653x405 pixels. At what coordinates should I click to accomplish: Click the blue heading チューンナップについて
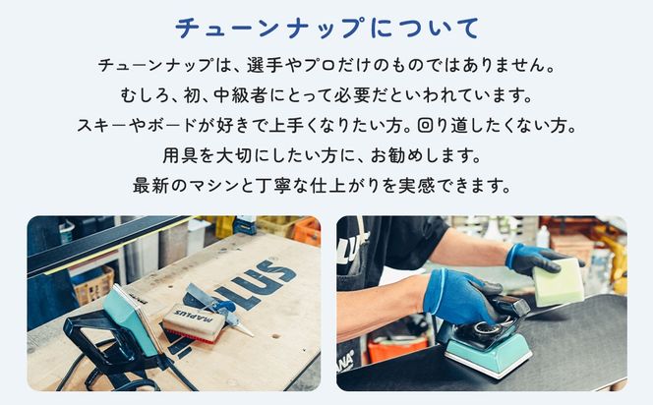point(326,27)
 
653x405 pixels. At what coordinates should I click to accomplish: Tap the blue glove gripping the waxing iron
point(463,295)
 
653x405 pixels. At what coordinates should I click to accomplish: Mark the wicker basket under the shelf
point(94,286)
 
